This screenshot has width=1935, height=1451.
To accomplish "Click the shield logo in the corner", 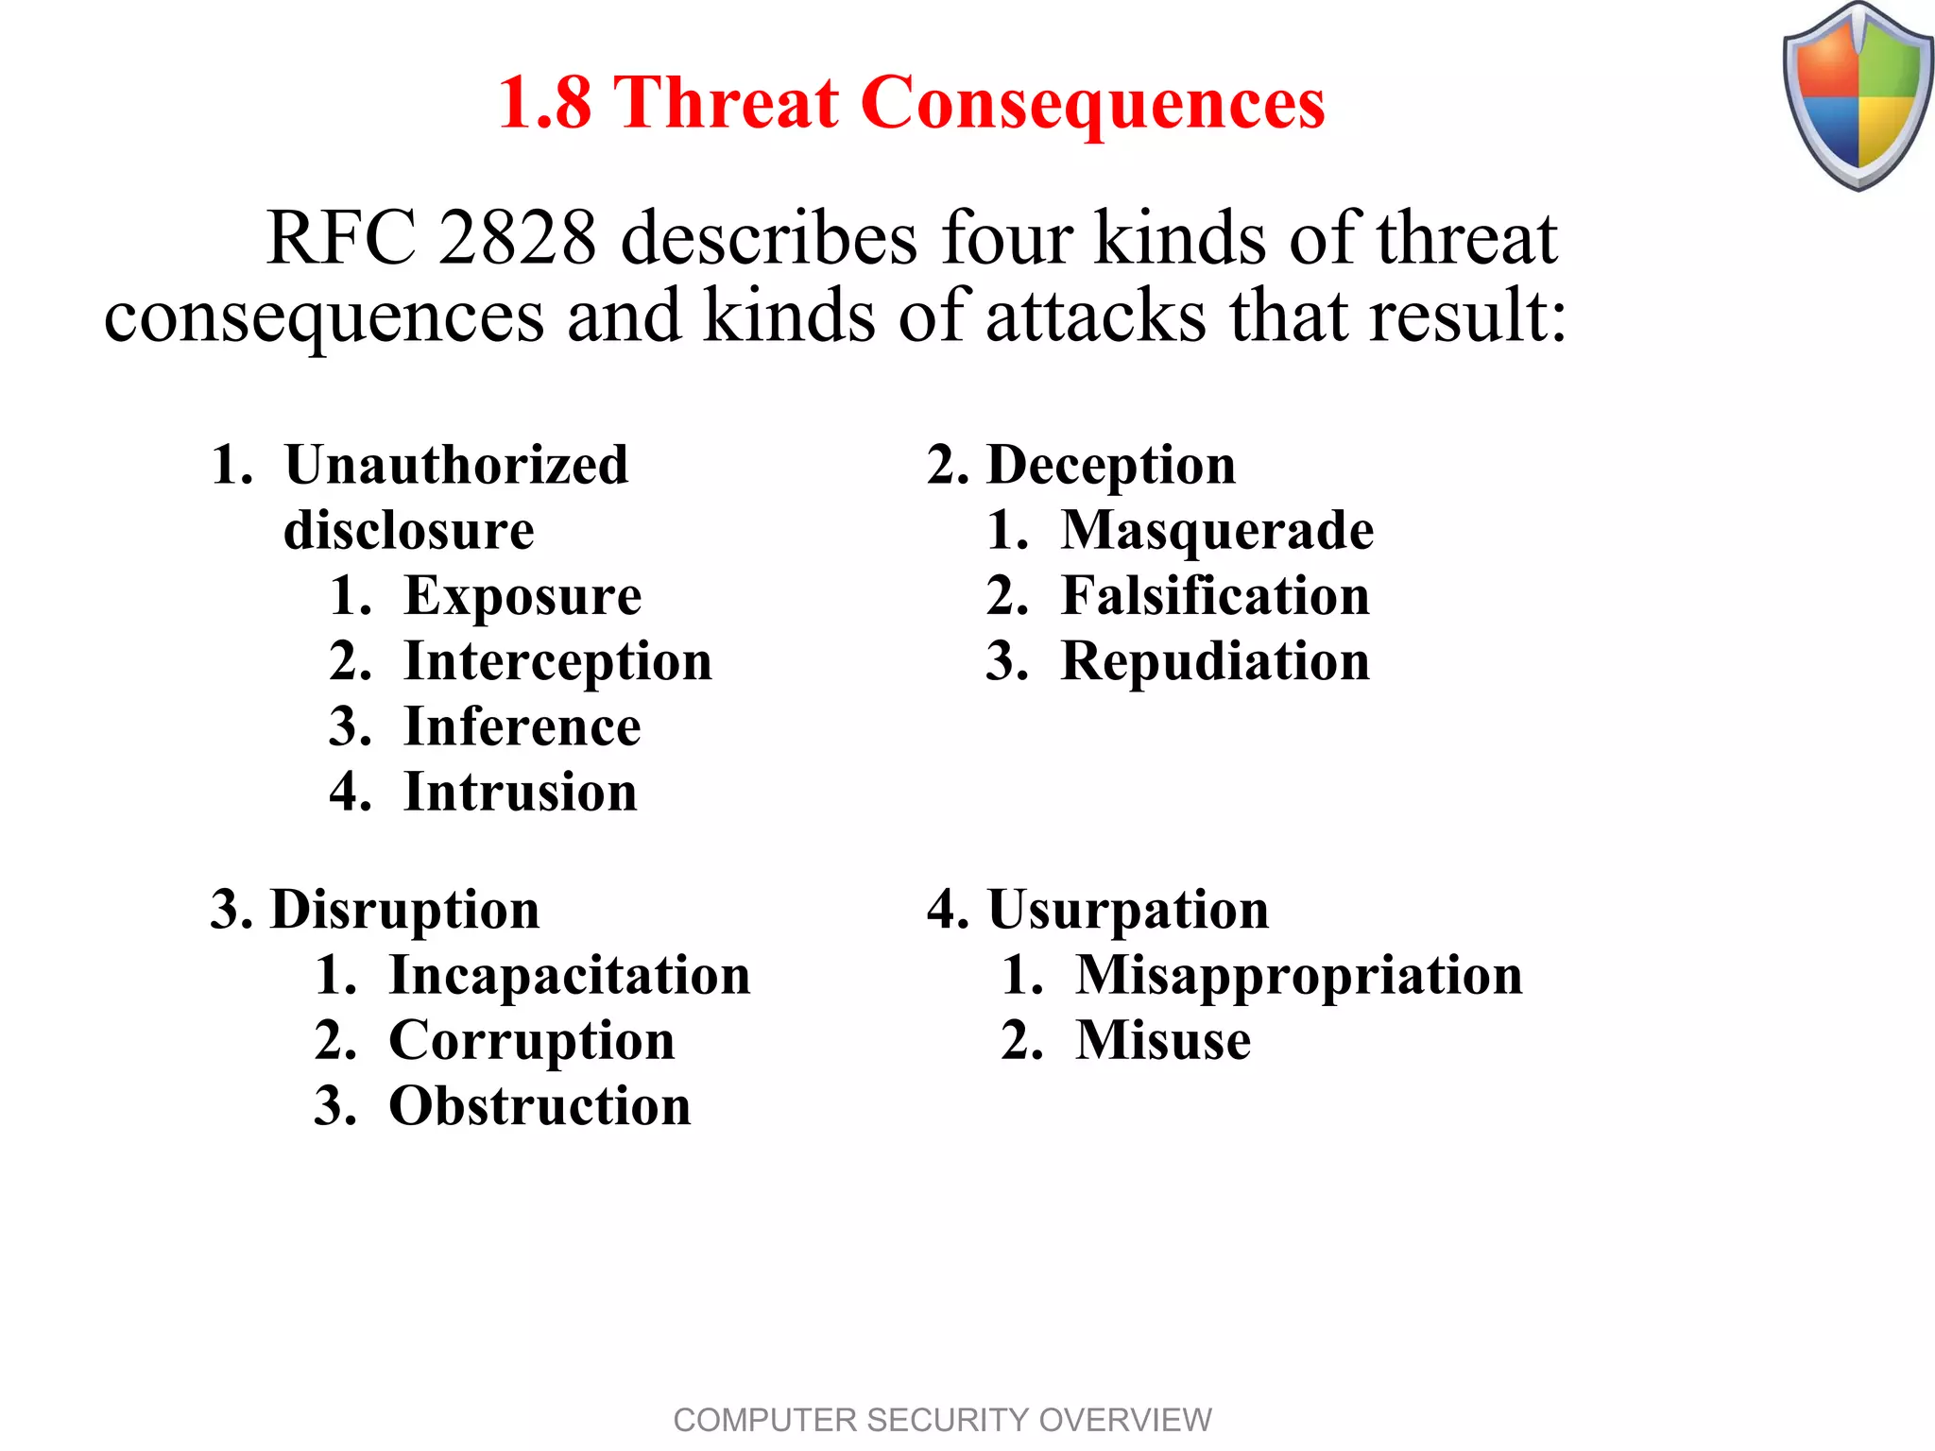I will pos(1858,96).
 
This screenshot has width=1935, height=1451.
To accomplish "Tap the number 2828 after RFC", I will pos(518,238).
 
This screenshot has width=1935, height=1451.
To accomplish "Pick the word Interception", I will pos(557,661).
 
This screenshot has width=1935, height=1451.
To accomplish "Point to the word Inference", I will pos(522,726).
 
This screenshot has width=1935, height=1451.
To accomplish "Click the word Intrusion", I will pos(521,792).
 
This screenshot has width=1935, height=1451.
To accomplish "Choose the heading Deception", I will pos(1110,465).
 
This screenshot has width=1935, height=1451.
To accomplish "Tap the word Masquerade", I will pos(1217,530).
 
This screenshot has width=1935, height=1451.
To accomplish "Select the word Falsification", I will pos(1215,596).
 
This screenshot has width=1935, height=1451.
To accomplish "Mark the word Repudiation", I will pos(1215,661).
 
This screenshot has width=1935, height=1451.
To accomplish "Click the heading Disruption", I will pos(404,910).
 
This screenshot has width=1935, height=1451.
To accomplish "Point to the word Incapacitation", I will pos(570,975).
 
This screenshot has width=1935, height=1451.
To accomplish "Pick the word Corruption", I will pos(532,1041).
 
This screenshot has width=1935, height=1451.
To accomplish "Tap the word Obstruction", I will pos(539,1106).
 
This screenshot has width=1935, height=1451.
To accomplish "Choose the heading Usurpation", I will pos(1128,910).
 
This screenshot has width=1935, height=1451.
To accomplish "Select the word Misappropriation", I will pos(1299,975).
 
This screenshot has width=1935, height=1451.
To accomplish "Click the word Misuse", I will pos(1163,1040).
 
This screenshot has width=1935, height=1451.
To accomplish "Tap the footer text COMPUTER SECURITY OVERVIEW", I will pos(942,1420).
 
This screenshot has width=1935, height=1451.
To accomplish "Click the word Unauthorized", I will pos(456,465).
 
